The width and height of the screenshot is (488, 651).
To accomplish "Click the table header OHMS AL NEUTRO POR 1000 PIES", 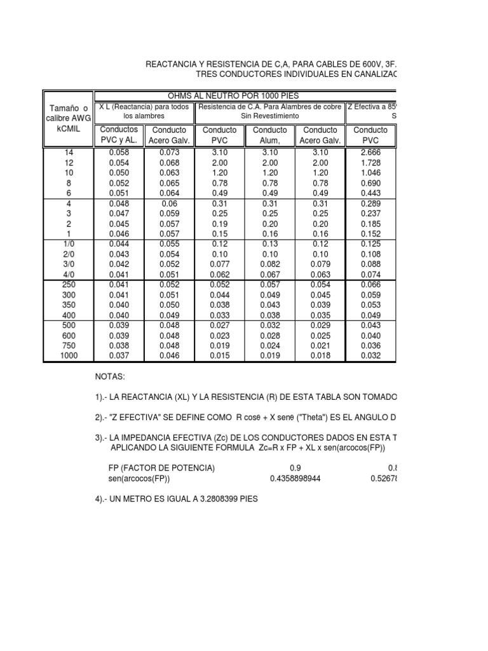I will pos(245,95).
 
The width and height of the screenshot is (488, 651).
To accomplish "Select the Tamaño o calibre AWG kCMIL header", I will pos(67,119).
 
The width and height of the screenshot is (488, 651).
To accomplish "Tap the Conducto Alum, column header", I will pos(270,135).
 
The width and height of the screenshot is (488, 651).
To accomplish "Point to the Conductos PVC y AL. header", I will pos(118,135).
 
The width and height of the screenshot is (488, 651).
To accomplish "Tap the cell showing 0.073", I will pos(169,153).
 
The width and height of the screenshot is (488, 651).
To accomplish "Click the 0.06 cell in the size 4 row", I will pos(169,203).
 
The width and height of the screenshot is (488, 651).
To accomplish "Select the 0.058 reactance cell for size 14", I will pos(118,153).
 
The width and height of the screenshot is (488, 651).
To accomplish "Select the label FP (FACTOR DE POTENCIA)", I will pos(162,468).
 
